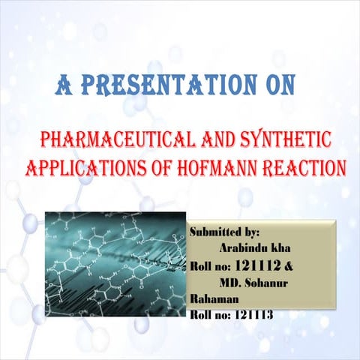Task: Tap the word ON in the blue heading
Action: point(273,86)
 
